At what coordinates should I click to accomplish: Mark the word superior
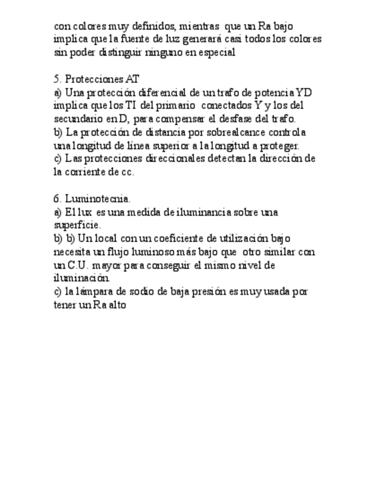pyautogui.click(x=181, y=146)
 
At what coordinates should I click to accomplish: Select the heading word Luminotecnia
pyautogui.click(x=98, y=199)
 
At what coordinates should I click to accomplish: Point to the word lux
pyautogui.click(x=86, y=212)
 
